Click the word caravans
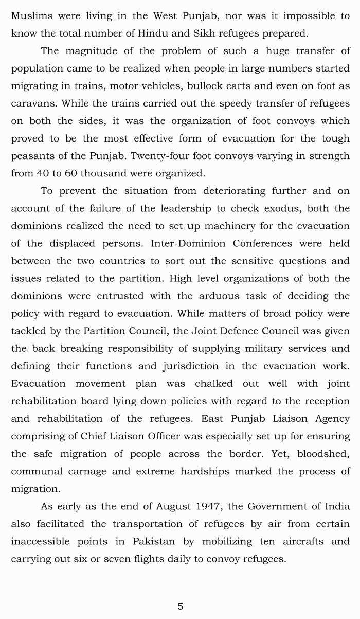(x=33, y=103)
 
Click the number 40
(x=44, y=173)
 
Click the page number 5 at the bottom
(x=180, y=606)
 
